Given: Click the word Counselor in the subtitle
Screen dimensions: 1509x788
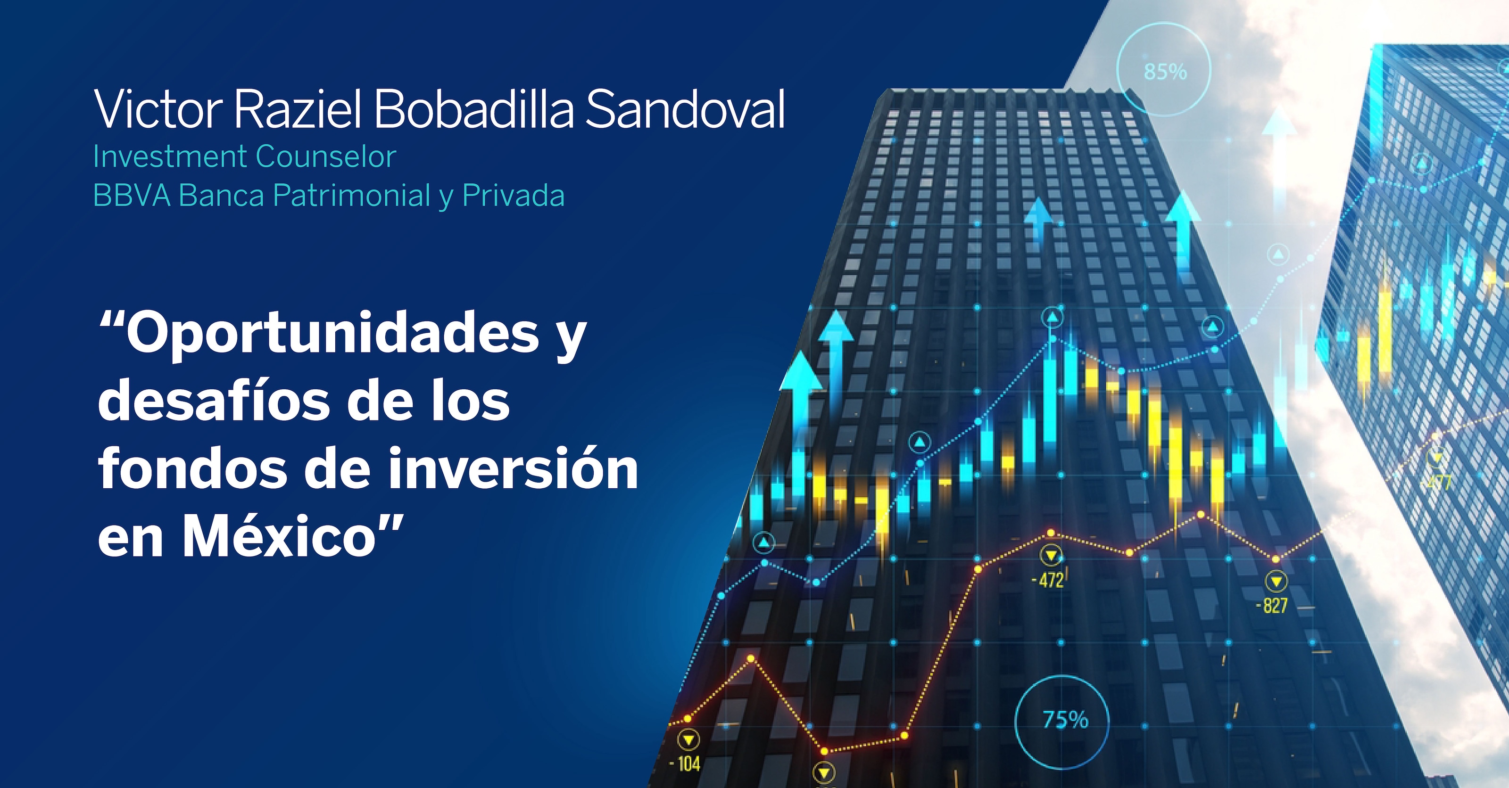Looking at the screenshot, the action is pos(326,157).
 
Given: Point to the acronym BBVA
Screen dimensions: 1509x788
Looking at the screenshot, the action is pos(132,196).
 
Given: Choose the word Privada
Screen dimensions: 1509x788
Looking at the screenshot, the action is pos(513,196).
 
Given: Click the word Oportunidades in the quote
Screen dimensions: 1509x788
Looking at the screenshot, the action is pos(332,334).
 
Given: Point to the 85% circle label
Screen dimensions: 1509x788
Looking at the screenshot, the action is pos(1165,72).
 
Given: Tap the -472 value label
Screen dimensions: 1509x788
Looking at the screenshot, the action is pos(1047,580).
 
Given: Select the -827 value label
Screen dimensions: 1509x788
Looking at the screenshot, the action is pos(1272,605).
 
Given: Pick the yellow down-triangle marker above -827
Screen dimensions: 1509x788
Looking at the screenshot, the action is pos(1276,582).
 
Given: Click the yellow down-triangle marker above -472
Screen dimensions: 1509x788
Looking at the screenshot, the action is pos(1052,555).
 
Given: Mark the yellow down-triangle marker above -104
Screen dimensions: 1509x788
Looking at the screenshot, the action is pos(688,740).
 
